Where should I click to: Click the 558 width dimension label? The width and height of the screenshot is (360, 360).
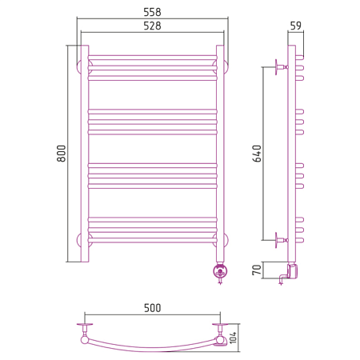[x=152, y=12]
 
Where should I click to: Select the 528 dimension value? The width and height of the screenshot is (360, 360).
[x=152, y=26]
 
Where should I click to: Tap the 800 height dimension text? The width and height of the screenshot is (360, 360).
[x=62, y=154]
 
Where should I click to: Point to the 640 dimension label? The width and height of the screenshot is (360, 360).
[x=257, y=154]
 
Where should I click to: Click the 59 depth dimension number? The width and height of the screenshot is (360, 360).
[x=296, y=26]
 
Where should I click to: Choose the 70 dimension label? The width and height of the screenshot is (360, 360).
[x=257, y=270]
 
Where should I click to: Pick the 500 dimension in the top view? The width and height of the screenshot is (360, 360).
[x=153, y=308]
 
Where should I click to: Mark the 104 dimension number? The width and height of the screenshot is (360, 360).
[x=233, y=338]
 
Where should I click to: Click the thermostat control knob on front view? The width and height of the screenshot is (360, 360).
[x=220, y=272]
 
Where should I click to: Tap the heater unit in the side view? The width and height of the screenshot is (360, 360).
[x=292, y=270]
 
